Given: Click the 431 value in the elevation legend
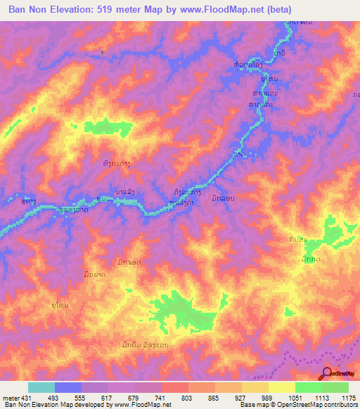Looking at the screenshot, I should [x=24, y=397].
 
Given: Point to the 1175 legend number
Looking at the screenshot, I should [x=349, y=397].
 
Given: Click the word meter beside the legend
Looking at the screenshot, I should [x=9, y=397].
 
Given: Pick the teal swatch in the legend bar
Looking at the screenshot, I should [x=41, y=387].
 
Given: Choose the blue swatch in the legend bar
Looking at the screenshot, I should [x=67, y=387].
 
